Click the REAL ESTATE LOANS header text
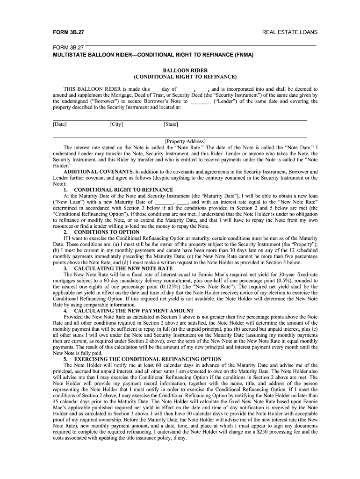[x=290, y=32]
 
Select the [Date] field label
[x=60, y=124]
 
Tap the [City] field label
[x=116, y=124]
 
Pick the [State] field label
[x=171, y=124]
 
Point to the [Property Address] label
[x=185, y=141]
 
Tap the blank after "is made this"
[x=156, y=89]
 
